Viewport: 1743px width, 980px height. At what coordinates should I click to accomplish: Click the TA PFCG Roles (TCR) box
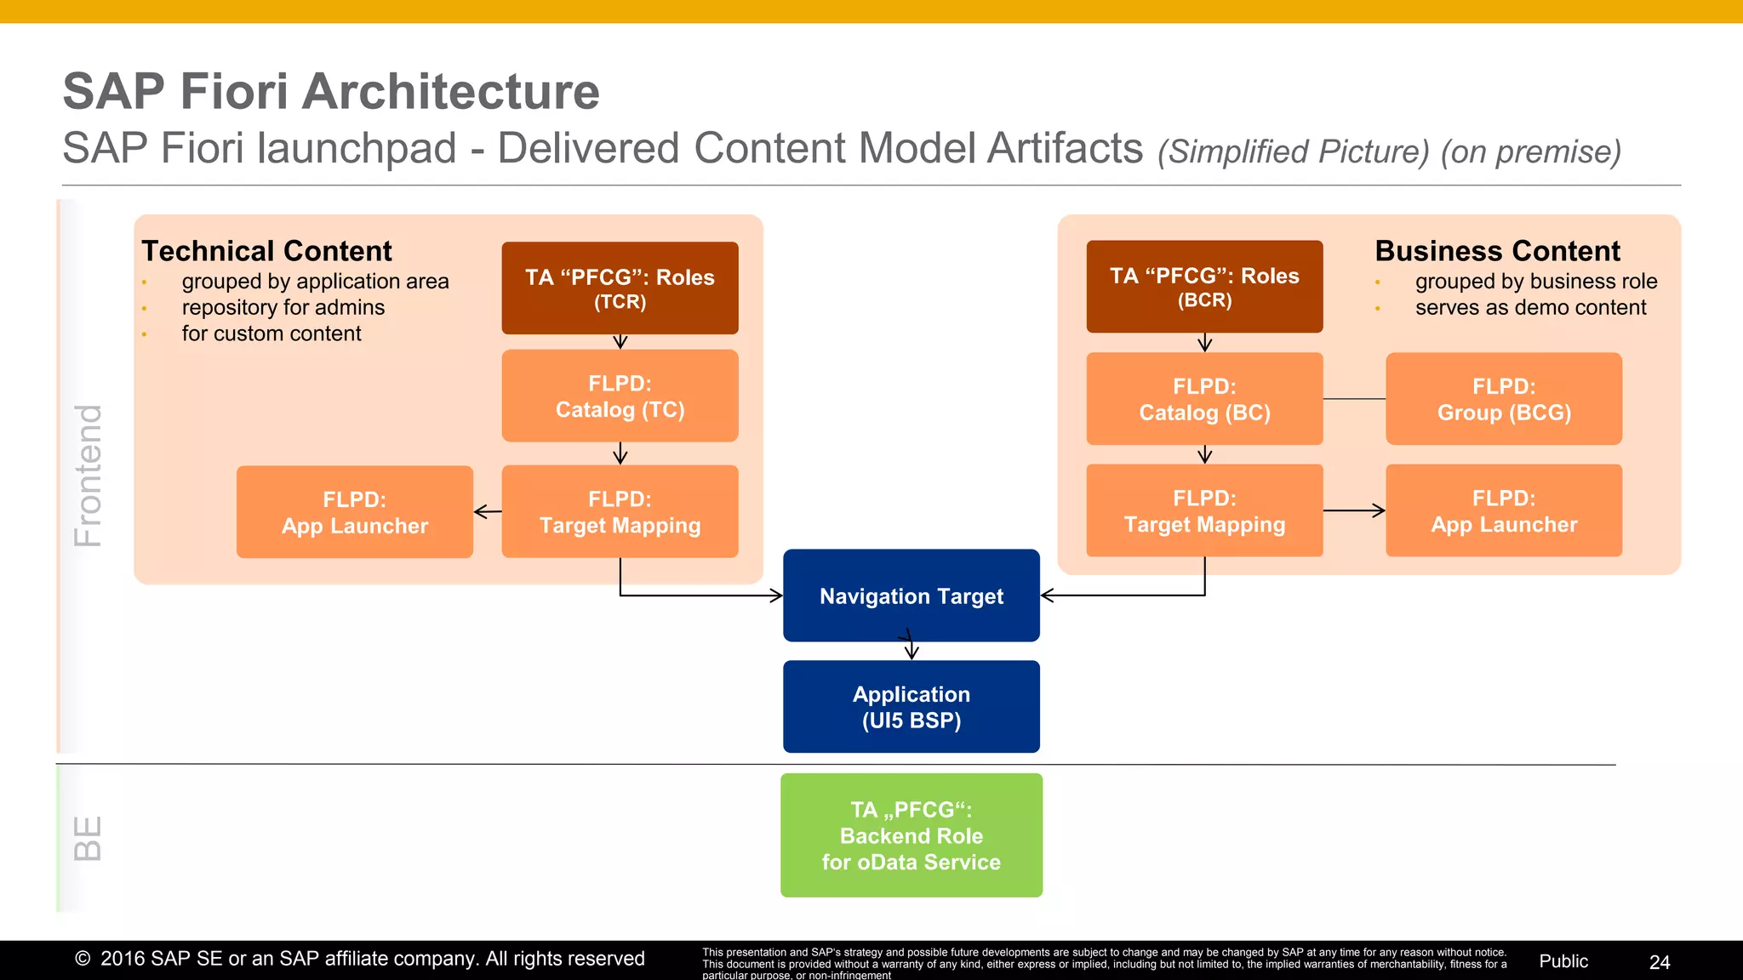[x=620, y=288]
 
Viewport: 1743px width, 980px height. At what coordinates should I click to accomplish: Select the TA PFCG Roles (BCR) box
[x=1204, y=287]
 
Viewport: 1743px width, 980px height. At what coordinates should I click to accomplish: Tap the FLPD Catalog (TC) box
[x=620, y=396]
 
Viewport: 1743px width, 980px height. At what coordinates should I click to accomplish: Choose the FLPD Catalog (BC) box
[x=1204, y=398]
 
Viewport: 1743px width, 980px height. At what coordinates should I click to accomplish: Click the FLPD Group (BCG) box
[x=1504, y=398]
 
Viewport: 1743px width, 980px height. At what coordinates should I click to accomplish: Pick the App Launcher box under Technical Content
[x=354, y=512]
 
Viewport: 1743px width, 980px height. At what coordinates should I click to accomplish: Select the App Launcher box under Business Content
[x=1504, y=510]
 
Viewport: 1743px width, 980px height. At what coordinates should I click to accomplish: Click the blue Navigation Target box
[x=911, y=595]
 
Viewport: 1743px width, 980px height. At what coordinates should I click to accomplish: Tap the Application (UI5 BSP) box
[x=911, y=706]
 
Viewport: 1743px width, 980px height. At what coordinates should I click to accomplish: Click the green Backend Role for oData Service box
[x=911, y=835]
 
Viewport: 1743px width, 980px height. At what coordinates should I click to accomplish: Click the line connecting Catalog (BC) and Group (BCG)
[x=1354, y=398]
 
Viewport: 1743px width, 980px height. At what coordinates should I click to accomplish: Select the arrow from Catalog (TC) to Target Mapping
[x=620, y=453]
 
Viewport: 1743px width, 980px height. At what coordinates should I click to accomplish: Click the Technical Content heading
[x=266, y=251]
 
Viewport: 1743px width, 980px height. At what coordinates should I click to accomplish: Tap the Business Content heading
[x=1497, y=251]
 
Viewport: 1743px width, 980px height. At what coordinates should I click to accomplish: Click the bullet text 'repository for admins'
[x=283, y=307]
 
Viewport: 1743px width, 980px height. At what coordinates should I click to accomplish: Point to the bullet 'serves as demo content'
[x=1530, y=307]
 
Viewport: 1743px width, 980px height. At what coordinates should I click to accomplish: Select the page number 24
[x=1659, y=962]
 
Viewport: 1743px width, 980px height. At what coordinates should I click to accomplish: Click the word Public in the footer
[x=1563, y=961]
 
